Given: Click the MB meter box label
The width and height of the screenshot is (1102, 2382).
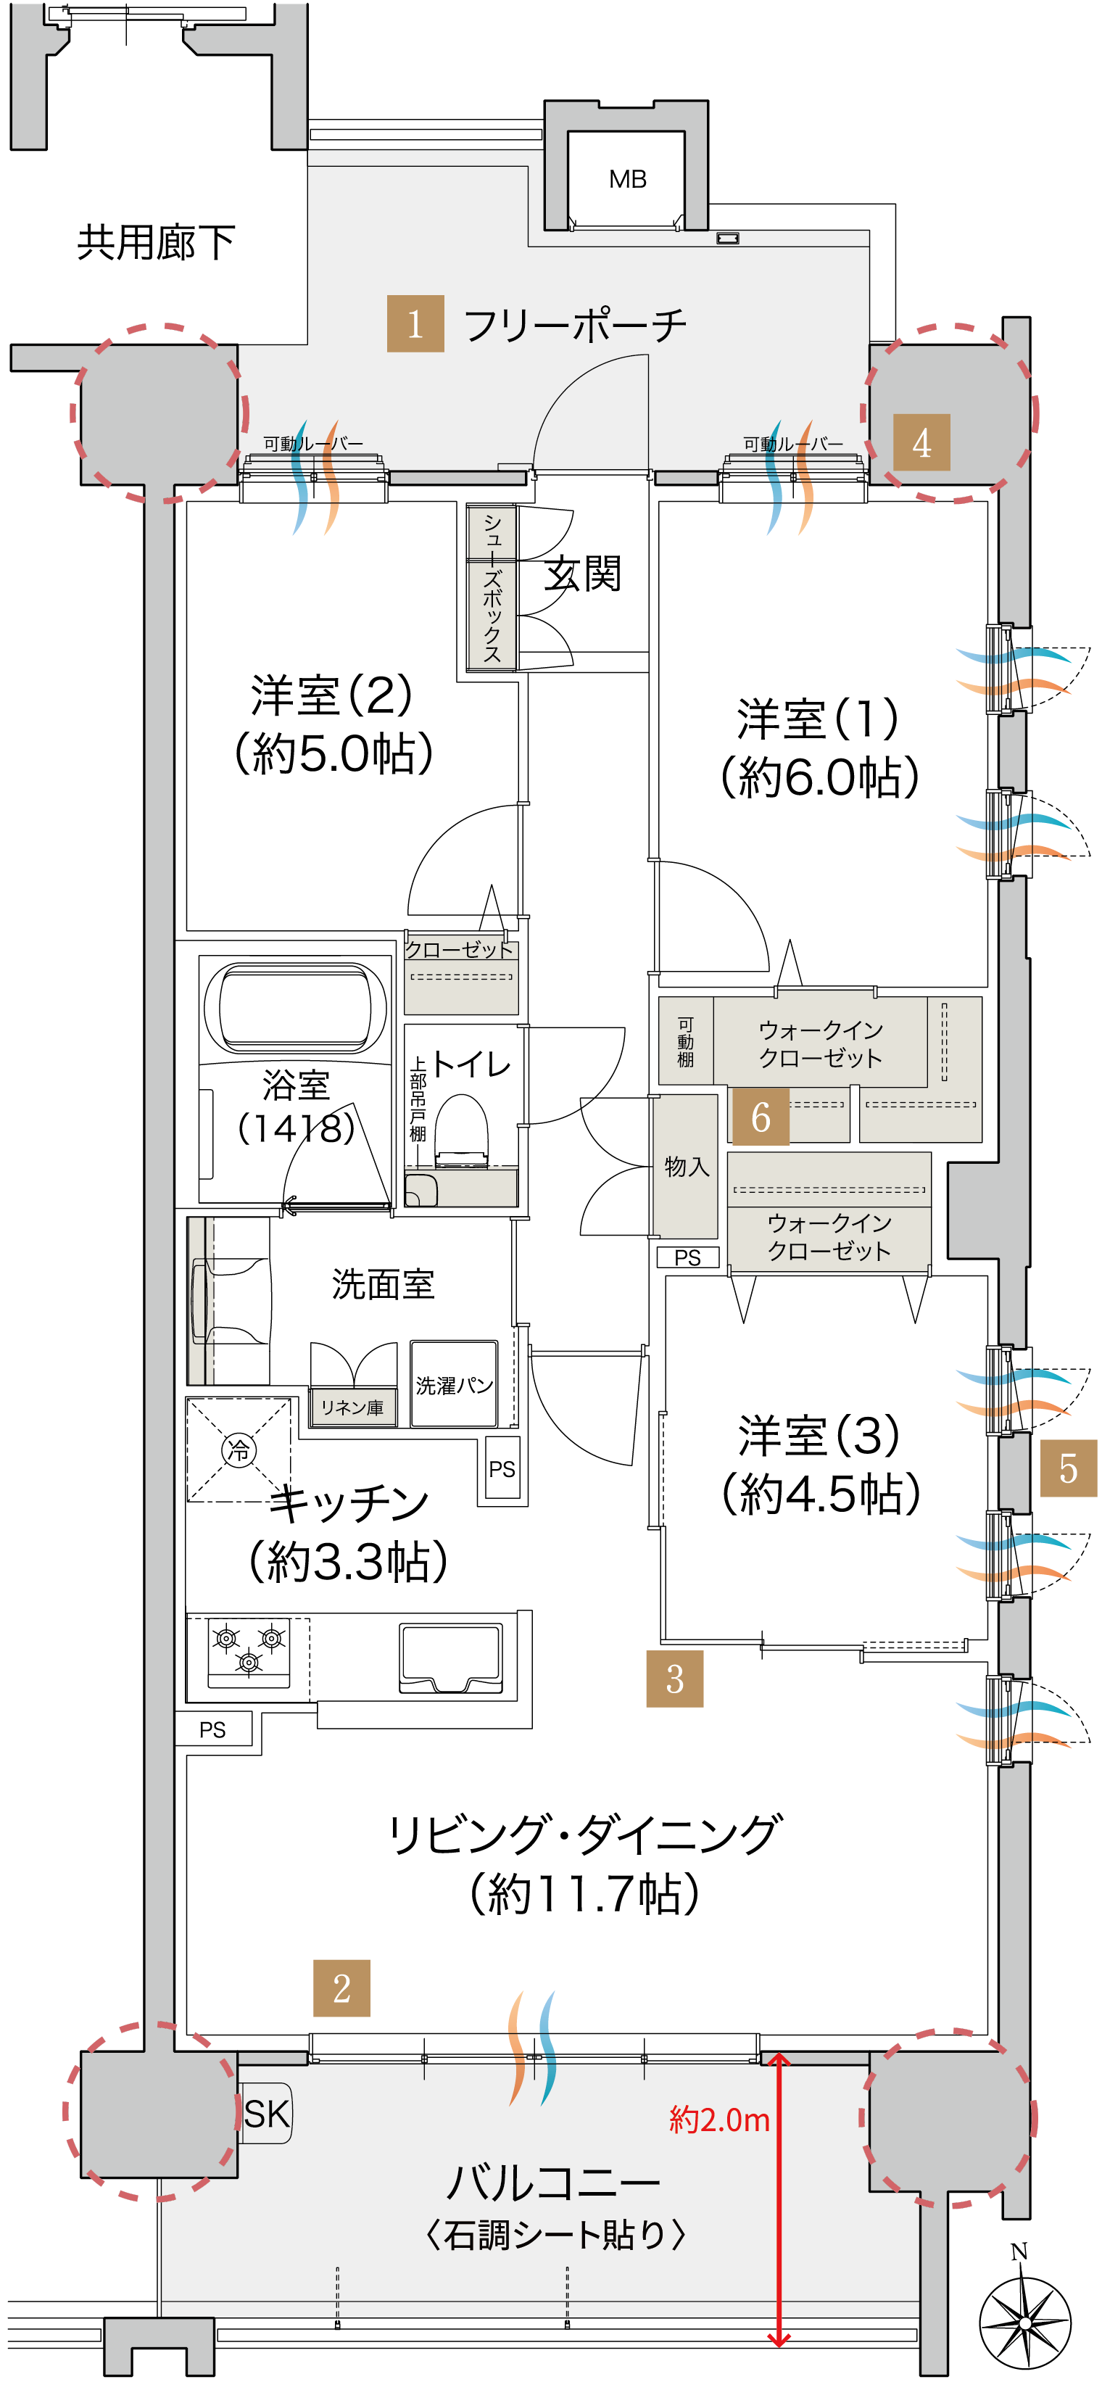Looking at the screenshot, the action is tap(628, 179).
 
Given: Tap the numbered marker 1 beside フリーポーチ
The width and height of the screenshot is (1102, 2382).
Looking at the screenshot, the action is tap(415, 323).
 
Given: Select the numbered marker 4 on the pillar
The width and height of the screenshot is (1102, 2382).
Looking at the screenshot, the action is tap(921, 442).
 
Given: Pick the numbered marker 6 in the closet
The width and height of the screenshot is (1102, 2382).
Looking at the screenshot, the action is tap(761, 1117).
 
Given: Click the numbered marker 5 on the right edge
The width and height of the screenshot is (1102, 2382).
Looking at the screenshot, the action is tap(1069, 1468).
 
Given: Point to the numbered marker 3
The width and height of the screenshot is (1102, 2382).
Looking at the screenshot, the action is tap(675, 1679).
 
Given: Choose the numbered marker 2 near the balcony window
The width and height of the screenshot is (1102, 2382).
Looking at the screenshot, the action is tap(342, 1988).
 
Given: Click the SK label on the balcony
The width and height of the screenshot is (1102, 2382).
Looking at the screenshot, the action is tap(266, 2114).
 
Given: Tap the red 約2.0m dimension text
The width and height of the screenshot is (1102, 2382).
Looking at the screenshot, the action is tap(719, 2120).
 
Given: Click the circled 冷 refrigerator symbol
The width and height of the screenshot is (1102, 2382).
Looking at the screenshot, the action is tap(239, 1449).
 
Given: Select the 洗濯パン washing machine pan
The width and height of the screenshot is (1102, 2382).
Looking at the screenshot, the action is tap(454, 1384).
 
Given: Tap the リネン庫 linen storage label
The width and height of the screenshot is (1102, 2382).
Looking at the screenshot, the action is tap(352, 1407).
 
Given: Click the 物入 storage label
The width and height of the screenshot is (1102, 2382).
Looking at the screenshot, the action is tap(687, 1167).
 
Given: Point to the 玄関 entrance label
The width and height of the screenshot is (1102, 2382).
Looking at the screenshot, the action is tap(581, 574).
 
